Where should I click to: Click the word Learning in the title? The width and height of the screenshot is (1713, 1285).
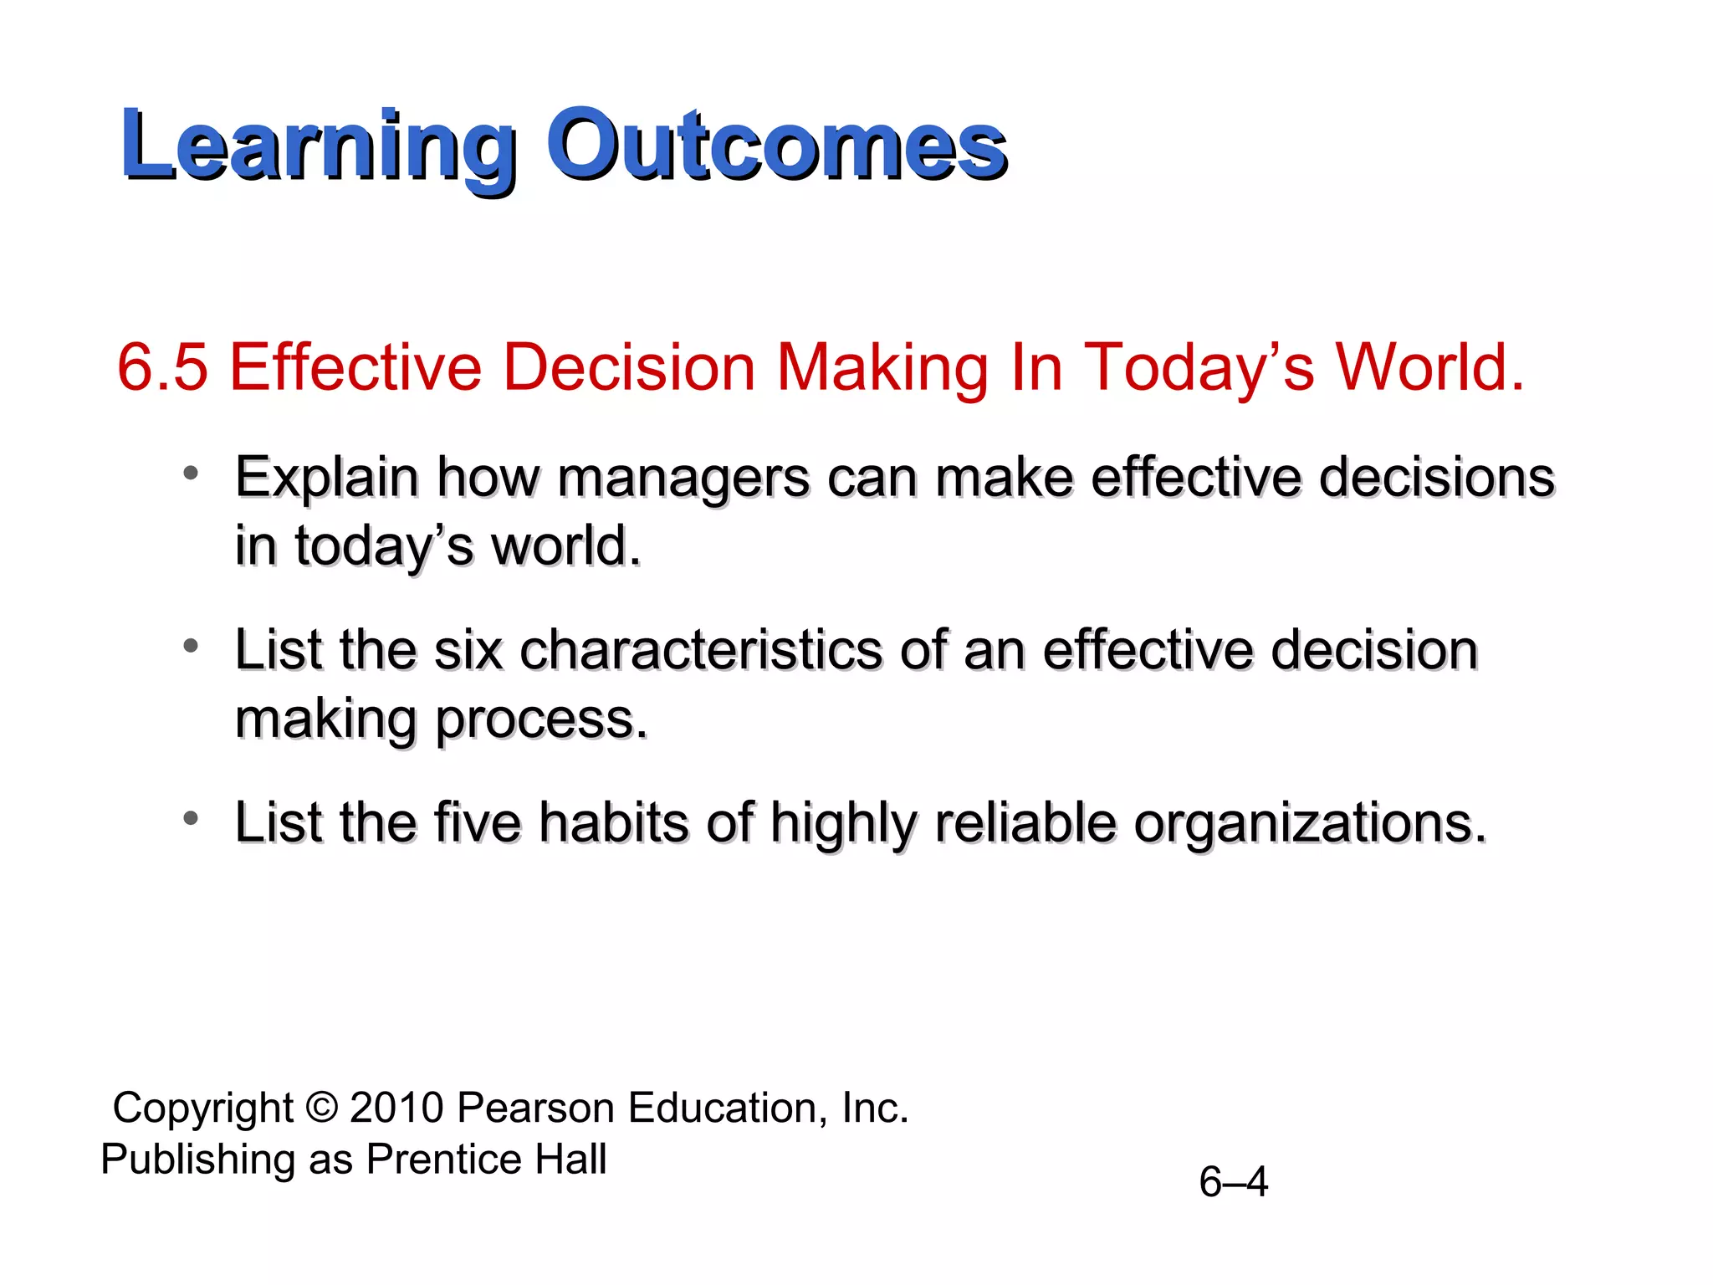coord(318,147)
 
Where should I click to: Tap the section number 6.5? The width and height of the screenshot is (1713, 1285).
coord(162,368)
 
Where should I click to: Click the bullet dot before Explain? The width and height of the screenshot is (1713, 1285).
coord(192,474)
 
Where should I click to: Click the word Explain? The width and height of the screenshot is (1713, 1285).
coord(326,479)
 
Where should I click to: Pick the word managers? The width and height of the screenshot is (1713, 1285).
coord(683,479)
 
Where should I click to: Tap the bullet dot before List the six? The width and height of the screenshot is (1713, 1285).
coord(192,646)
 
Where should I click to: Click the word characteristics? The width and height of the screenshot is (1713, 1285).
coord(701,650)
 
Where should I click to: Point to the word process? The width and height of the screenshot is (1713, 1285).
coord(541,719)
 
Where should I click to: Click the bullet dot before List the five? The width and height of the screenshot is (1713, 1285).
coord(192,818)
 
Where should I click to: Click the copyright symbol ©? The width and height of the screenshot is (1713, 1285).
coord(321,1108)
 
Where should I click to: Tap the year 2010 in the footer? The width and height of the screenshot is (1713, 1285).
coord(396,1108)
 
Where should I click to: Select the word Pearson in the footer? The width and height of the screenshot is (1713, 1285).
coord(536,1108)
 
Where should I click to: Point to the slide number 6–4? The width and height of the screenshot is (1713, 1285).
coord(1233,1182)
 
